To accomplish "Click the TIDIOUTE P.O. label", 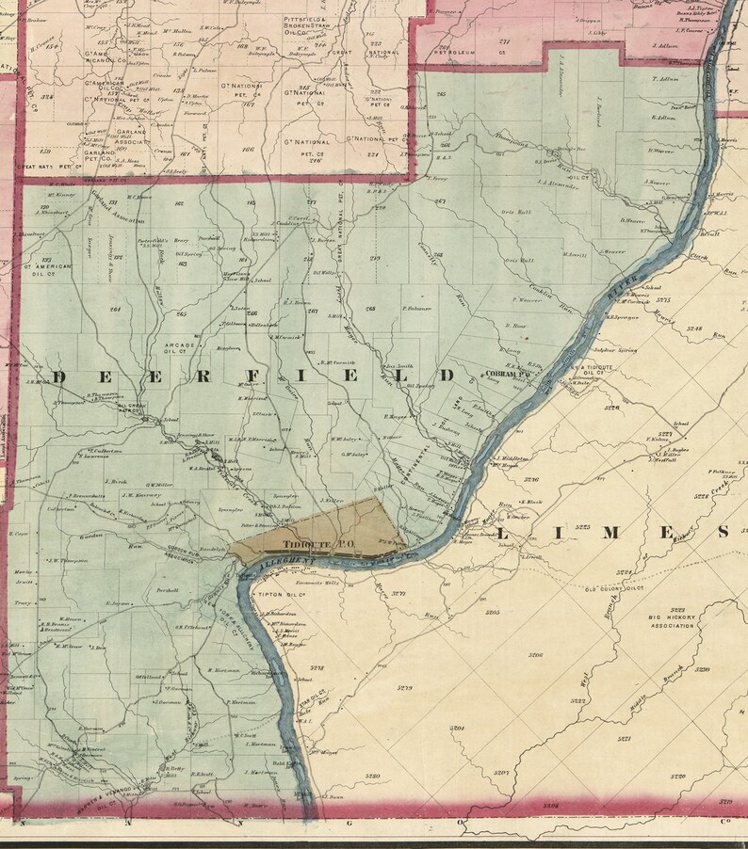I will [305, 543].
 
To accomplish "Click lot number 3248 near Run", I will [696, 328].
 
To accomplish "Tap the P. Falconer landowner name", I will [415, 308].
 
